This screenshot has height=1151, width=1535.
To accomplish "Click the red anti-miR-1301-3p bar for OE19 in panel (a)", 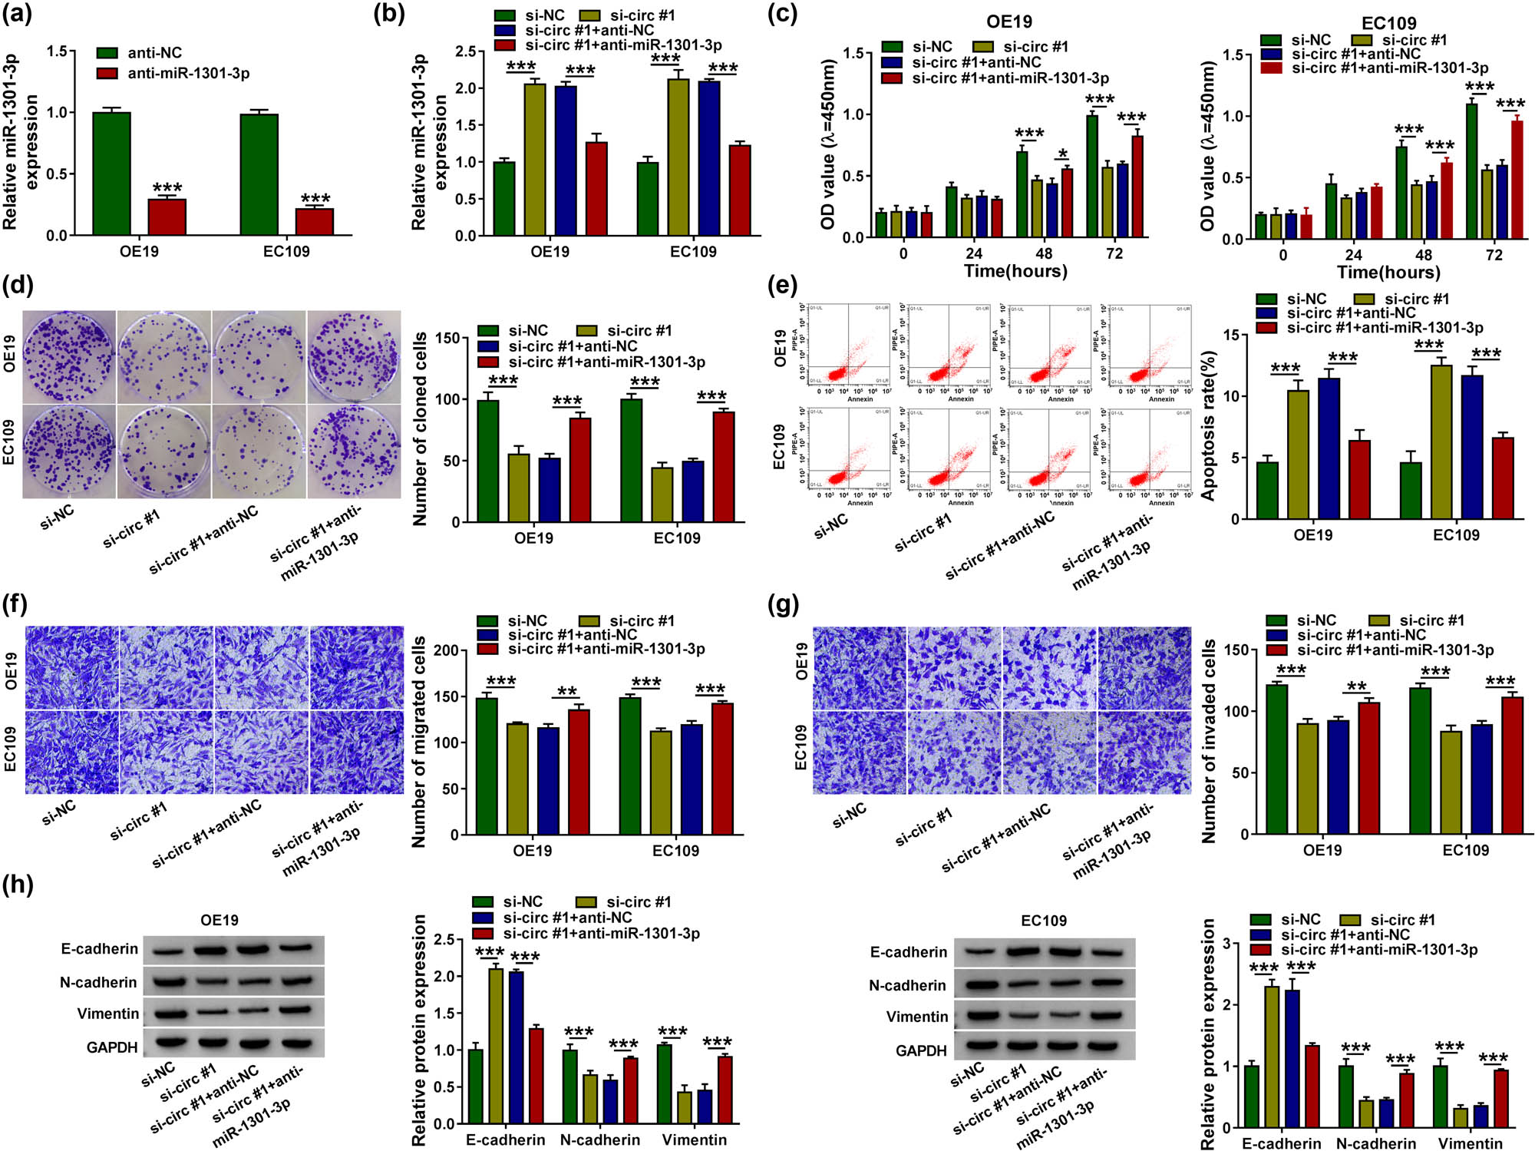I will pyautogui.click(x=167, y=217).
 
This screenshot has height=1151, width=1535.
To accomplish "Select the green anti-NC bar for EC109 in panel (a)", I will pyautogui.click(x=259, y=174).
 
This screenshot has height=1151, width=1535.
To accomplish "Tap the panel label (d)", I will pyautogui.click(x=18, y=285).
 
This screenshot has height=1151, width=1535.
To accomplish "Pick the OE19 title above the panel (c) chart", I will pyautogui.click(x=1009, y=21).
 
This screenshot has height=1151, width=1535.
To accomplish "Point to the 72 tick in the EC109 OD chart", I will pyautogui.click(x=1494, y=255).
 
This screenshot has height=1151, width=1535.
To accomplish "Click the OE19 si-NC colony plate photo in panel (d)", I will pyautogui.click(x=69, y=357).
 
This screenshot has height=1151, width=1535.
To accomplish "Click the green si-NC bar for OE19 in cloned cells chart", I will pyautogui.click(x=487, y=461).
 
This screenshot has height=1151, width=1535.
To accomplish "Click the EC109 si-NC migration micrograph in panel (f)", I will pyautogui.click(x=72, y=752).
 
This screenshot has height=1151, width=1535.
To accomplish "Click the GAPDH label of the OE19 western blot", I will pyautogui.click(x=112, y=1047).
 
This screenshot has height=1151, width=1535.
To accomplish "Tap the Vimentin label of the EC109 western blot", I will pyautogui.click(x=917, y=1017).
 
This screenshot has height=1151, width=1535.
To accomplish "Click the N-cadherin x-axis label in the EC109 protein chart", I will pyautogui.click(x=1376, y=1143).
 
